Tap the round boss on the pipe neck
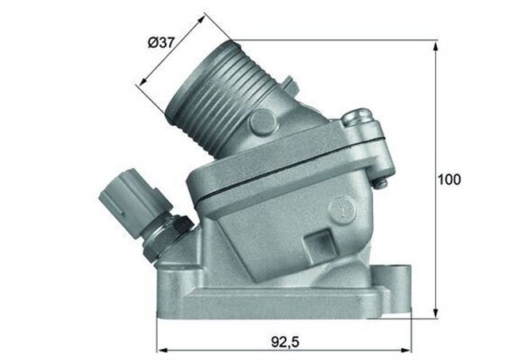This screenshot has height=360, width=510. (262, 122)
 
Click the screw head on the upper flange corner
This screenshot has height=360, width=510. (357, 121)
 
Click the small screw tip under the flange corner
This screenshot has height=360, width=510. (382, 185)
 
